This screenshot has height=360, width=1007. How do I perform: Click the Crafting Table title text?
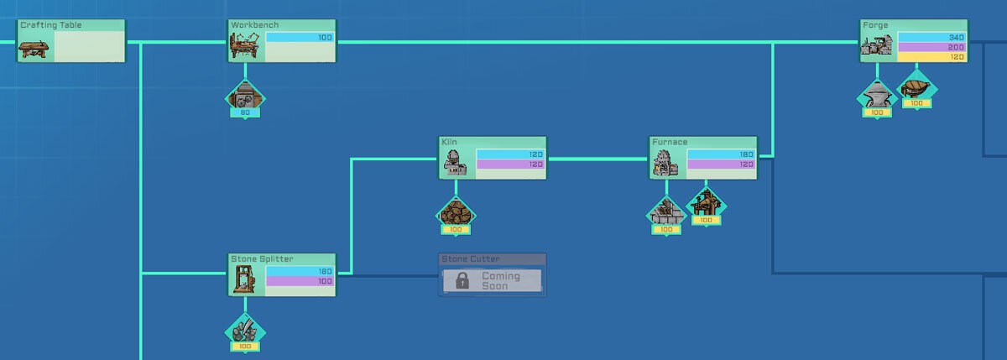tap(51, 25)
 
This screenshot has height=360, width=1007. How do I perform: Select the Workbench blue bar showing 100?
tap(300, 37)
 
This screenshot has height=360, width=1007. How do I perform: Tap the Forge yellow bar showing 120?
tap(931, 57)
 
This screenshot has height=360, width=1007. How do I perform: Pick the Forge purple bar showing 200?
tap(931, 47)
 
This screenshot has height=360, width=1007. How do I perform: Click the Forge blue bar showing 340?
tap(931, 37)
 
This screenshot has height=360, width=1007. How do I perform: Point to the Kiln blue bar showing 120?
tap(511, 154)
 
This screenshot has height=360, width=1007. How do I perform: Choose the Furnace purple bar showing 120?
tap(721, 164)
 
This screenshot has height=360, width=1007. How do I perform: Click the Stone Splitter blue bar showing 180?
tap(300, 271)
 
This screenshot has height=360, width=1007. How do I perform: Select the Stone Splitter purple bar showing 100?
tap(300, 281)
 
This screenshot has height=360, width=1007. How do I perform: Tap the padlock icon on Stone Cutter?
tap(462, 280)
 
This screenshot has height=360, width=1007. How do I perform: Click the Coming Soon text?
tap(501, 281)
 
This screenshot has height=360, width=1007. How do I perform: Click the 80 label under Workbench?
tap(245, 112)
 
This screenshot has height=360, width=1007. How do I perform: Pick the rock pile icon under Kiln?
tap(456, 212)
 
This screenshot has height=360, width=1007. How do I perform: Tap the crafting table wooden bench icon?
tap(34, 49)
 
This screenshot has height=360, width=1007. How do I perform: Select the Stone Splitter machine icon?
tap(244, 279)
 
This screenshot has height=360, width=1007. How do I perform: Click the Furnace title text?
tap(670, 142)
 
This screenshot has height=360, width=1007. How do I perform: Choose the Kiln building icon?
tap(455, 163)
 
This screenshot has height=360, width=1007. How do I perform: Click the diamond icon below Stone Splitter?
tap(245, 332)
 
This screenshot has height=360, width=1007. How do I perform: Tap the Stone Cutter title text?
tap(470, 258)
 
